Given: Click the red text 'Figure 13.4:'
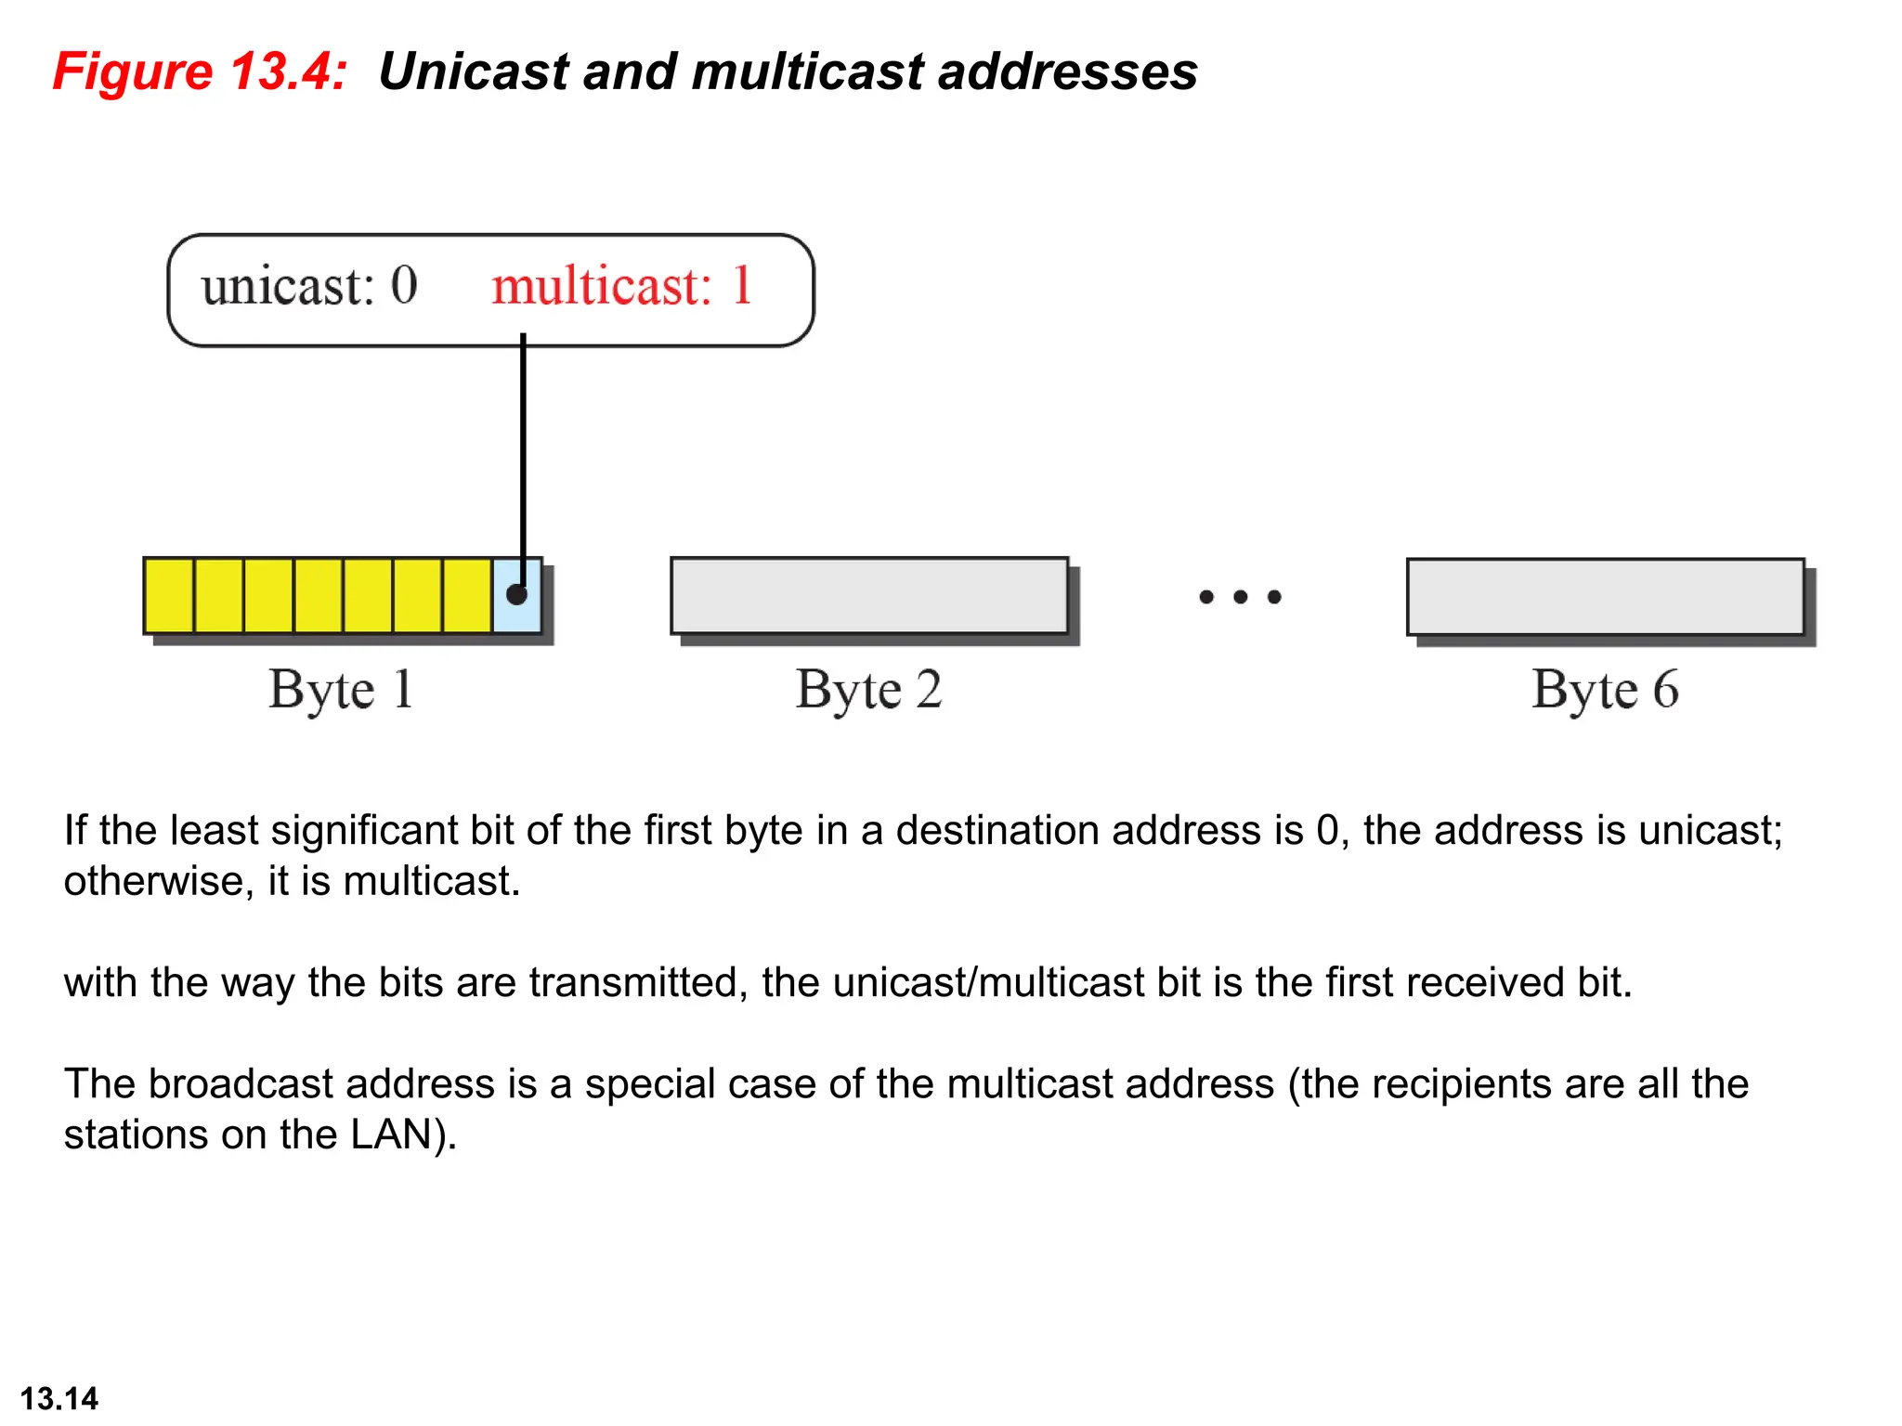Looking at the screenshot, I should [x=200, y=71].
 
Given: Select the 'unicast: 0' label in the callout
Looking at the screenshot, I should [x=309, y=285].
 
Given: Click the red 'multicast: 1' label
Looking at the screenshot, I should [x=621, y=285].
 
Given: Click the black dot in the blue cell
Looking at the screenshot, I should [x=516, y=594].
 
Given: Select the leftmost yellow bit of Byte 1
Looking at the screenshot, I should [x=169, y=596].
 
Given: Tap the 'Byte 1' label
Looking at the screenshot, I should [x=341, y=690].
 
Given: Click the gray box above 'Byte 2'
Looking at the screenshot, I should [x=869, y=596].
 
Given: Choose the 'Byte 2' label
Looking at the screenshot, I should [x=868, y=690].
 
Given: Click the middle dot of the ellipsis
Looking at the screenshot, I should [x=1240, y=597].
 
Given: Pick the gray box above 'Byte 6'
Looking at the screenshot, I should [x=1605, y=597].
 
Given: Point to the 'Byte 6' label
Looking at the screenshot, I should [x=1605, y=690].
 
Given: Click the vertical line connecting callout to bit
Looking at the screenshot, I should [x=523, y=446].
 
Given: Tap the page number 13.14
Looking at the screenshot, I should [x=59, y=1398].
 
